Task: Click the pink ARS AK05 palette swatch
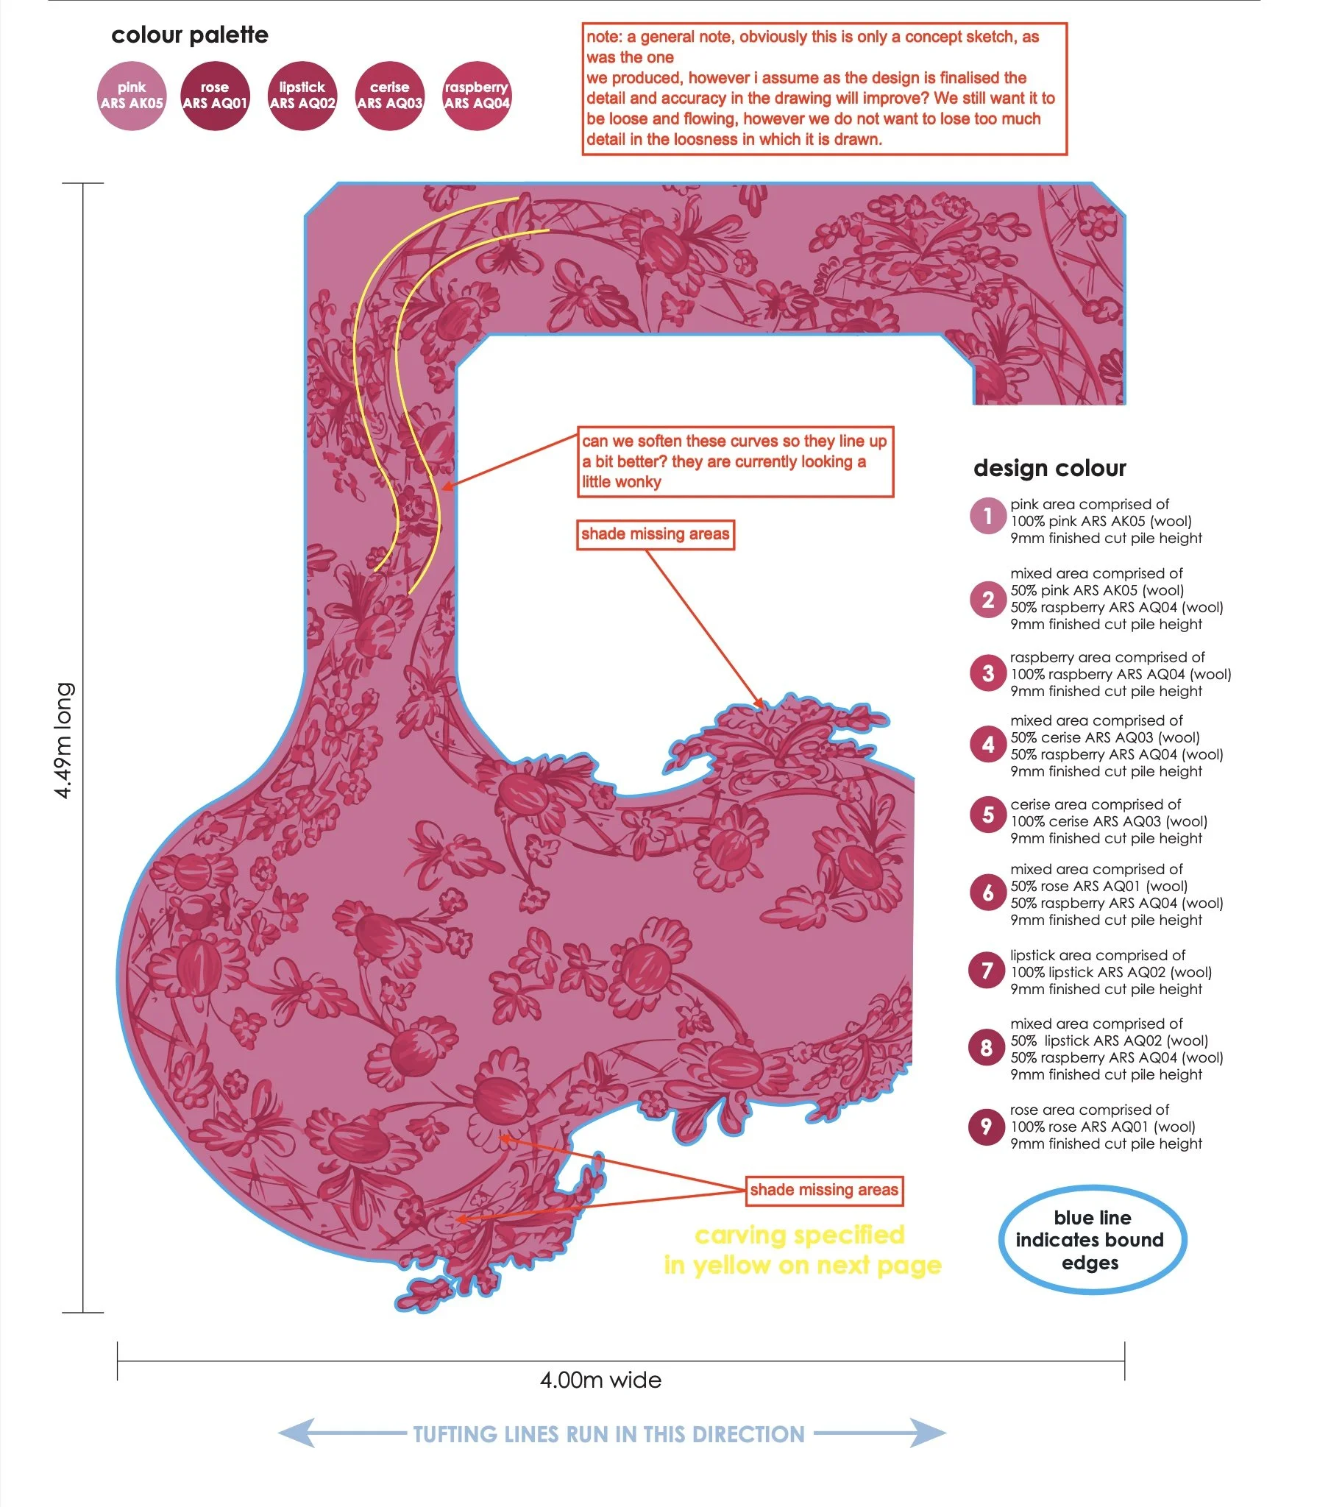(132, 96)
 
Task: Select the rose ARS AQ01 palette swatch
(215, 96)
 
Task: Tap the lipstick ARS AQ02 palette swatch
(302, 96)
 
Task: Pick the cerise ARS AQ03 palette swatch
(389, 96)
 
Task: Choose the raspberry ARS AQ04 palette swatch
(477, 96)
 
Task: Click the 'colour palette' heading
(190, 35)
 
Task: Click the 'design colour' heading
(1049, 468)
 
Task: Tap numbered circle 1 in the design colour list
(987, 516)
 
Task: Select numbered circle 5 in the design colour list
(987, 815)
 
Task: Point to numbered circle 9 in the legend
(987, 1126)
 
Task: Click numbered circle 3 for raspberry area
(987, 673)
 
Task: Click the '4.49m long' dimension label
(65, 740)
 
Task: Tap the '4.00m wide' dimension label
(600, 1380)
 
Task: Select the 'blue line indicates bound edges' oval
(1092, 1240)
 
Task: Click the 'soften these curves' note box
(735, 461)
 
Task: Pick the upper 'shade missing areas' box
(655, 534)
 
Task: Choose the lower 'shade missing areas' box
(824, 1190)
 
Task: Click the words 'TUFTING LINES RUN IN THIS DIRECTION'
(608, 1434)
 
